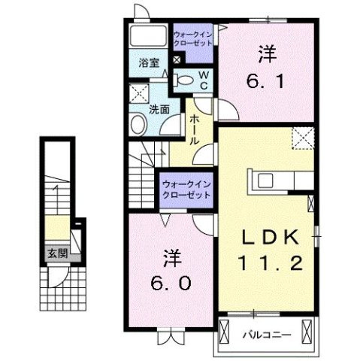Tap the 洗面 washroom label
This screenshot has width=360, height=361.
(x=159, y=109)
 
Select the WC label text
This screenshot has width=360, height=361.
(x=204, y=77)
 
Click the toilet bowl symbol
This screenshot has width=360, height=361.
(x=184, y=80)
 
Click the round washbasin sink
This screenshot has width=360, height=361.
(x=139, y=125)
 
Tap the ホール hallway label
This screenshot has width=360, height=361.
(x=195, y=129)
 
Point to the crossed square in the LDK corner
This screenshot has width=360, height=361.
(x=303, y=138)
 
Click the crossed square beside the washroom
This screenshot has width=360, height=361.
(x=138, y=94)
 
